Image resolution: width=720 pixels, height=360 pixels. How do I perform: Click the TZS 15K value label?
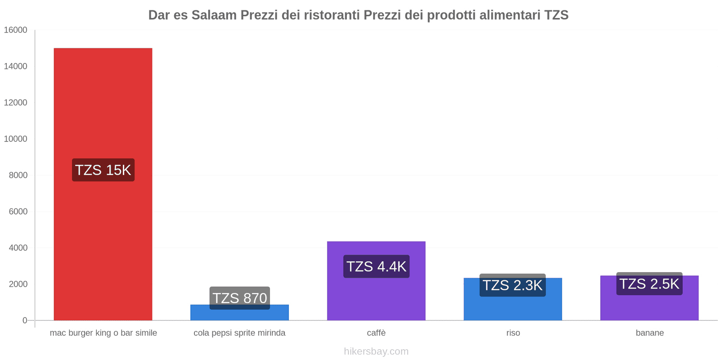pyautogui.click(x=103, y=170)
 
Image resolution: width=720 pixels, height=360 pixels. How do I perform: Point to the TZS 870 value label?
pyautogui.click(x=239, y=298)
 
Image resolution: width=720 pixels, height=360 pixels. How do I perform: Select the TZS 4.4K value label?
pyautogui.click(x=376, y=266)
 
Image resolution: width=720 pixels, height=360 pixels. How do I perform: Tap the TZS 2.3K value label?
pyautogui.click(x=513, y=285)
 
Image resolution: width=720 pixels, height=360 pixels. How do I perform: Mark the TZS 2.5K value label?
pyautogui.click(x=649, y=284)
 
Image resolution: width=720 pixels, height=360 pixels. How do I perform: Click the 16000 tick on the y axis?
pyautogui.click(x=15, y=30)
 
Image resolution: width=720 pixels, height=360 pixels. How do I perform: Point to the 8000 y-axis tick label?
pyautogui.click(x=18, y=175)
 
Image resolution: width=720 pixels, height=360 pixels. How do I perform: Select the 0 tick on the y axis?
pyautogui.click(x=25, y=320)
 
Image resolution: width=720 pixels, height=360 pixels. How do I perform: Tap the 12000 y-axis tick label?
pyautogui.click(x=15, y=103)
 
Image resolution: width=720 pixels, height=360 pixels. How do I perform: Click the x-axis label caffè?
pyautogui.click(x=376, y=333)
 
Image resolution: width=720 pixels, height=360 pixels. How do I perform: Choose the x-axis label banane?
pyautogui.click(x=649, y=333)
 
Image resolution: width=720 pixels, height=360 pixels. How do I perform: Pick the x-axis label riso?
pyautogui.click(x=513, y=333)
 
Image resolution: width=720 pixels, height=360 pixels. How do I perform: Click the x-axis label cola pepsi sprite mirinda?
pyautogui.click(x=239, y=333)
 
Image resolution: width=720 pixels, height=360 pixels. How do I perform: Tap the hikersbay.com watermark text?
pyautogui.click(x=376, y=351)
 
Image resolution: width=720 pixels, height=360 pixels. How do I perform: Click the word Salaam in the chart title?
pyautogui.click(x=214, y=15)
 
